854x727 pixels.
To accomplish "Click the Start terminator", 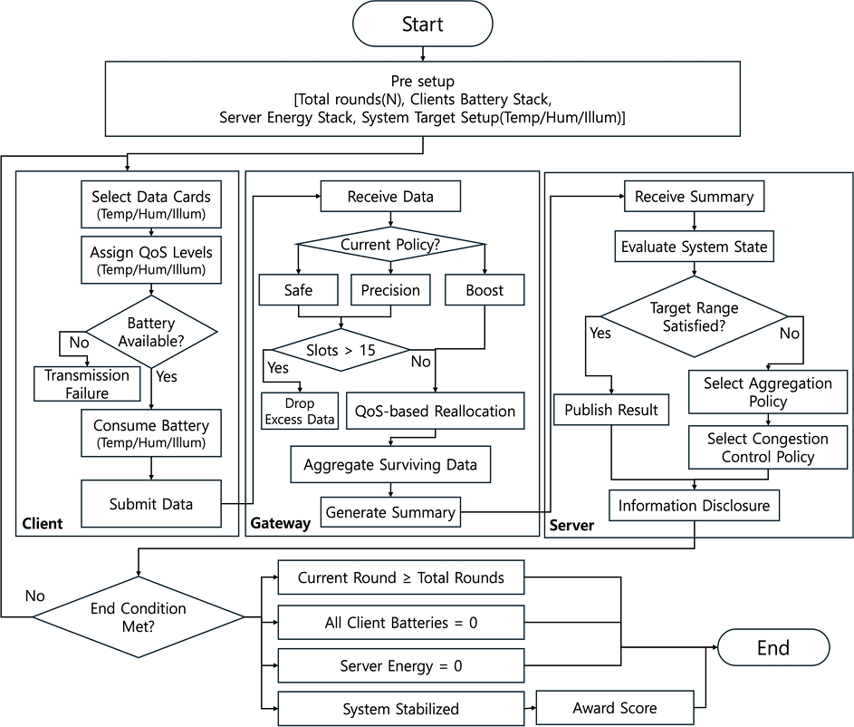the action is (423, 24).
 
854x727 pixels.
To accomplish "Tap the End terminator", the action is (773, 647).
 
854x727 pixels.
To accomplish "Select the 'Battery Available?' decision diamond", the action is (151, 332).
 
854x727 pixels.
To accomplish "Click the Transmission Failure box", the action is (87, 383).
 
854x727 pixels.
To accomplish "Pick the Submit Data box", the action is (151, 504).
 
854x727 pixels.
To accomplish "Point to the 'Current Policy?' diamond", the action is (390, 244).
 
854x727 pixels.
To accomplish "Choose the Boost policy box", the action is (485, 290).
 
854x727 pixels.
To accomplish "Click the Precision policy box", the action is (390, 290).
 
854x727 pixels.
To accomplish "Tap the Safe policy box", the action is (299, 290).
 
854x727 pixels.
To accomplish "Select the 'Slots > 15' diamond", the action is (341, 350).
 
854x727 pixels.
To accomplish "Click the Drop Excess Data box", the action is (300, 411).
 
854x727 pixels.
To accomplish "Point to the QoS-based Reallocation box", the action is (436, 411).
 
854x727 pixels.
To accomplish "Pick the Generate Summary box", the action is (390, 512).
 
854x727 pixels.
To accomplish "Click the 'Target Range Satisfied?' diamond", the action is (695, 316).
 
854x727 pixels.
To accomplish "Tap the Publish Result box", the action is (611, 410).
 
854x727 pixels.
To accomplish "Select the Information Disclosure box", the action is (695, 505).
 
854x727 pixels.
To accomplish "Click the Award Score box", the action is (615, 708).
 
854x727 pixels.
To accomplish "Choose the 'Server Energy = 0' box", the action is (401, 665).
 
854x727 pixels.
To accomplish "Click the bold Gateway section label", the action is (280, 523).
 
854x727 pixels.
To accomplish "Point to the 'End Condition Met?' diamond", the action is (139, 617).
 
